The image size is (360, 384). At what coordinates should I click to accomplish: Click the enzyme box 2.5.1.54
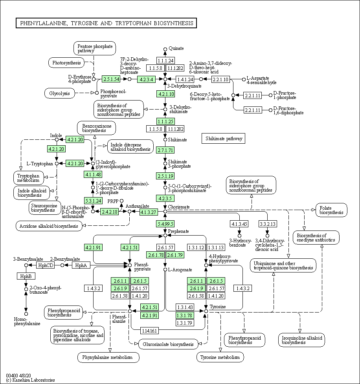[x=111, y=79]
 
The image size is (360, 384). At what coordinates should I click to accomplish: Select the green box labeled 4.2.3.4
[x=147, y=79]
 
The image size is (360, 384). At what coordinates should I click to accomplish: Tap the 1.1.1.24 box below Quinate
[x=166, y=60]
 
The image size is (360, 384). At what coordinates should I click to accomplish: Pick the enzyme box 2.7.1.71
[x=165, y=150]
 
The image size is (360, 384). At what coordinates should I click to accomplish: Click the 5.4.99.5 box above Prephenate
[x=165, y=224]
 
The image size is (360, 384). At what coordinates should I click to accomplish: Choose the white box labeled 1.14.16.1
[x=149, y=331]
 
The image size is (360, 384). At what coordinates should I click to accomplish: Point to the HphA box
[x=81, y=265]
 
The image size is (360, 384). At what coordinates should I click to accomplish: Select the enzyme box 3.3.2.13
[x=268, y=224]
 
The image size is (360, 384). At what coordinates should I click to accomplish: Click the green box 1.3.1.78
[x=185, y=315]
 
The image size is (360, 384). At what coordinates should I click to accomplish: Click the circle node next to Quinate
[x=165, y=49]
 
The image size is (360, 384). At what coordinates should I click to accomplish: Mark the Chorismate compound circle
[x=165, y=211]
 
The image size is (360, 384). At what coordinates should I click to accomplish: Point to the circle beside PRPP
[x=121, y=201]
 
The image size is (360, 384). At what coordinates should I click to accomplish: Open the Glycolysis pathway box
[x=60, y=93]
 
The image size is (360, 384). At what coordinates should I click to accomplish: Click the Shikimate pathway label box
[x=224, y=138]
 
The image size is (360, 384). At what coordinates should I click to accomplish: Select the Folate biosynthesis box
[x=332, y=210]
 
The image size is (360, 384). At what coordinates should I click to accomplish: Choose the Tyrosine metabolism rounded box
[x=220, y=357]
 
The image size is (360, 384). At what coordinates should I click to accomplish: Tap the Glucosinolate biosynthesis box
[x=168, y=344]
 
